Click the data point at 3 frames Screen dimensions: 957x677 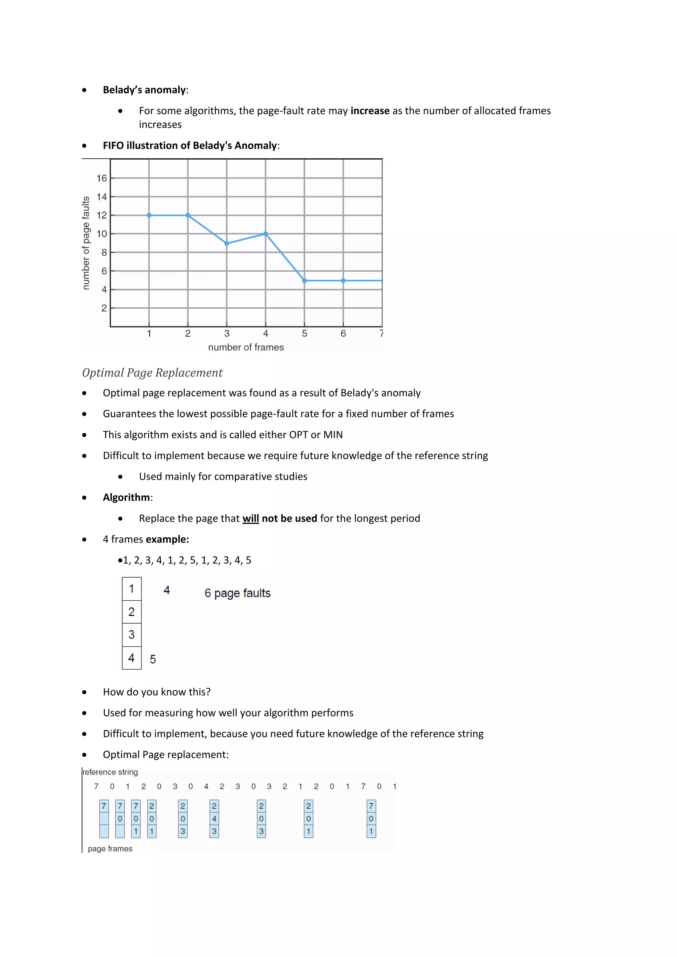coord(227,244)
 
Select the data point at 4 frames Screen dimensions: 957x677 coord(265,234)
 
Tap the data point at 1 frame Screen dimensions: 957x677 coord(149,215)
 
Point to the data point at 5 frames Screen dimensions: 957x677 coord(304,281)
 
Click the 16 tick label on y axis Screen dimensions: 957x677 coord(102,178)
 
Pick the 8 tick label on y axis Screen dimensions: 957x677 coord(104,252)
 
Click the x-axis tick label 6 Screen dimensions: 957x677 coord(343,333)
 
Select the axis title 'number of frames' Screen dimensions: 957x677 coord(246,347)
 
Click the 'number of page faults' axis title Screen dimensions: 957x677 coord(86,243)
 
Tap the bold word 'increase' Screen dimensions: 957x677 coord(370,111)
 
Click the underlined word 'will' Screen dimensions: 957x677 coord(251,518)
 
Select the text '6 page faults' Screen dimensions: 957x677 coord(237,593)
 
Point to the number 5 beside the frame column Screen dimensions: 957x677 coord(153,659)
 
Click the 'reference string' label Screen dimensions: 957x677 coord(110,772)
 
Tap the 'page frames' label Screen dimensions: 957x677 coord(110,849)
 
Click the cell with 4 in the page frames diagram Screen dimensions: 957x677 coord(214,819)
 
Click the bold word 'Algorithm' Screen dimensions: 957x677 coord(126,498)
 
